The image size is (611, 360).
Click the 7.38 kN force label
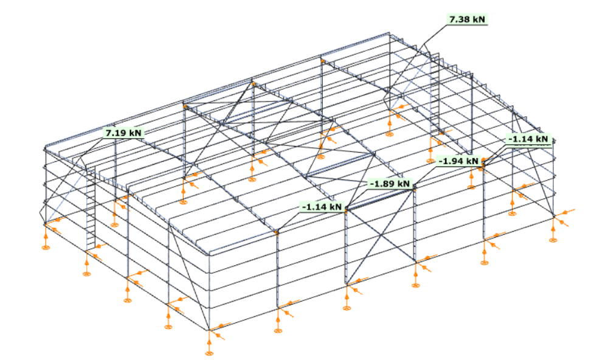click(467, 19)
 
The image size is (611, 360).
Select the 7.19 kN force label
click(123, 133)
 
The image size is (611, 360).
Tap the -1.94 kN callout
click(458, 161)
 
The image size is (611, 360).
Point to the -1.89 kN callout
click(390, 184)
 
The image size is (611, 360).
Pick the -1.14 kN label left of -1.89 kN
click(322, 207)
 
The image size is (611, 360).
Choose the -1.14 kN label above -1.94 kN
click(528, 139)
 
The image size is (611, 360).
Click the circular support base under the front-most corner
click(209, 353)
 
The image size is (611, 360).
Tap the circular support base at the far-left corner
click(46, 247)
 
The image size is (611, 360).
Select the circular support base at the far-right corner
click(553, 240)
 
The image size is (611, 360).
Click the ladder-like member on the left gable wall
click(91, 207)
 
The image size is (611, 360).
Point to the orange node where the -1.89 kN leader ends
click(415, 189)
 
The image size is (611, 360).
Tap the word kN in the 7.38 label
click(478, 19)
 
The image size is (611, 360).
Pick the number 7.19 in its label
click(114, 133)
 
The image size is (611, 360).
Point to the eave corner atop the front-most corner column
click(209, 255)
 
